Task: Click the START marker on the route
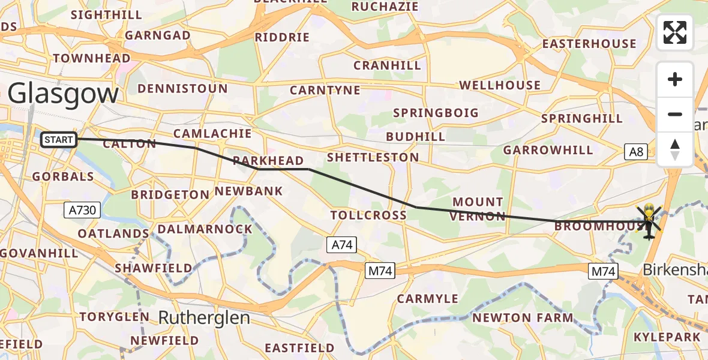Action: [x=59, y=140]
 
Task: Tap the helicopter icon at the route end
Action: [x=649, y=222]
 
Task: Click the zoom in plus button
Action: [x=675, y=80]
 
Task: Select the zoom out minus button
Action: [x=675, y=114]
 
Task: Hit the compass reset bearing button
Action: [x=675, y=149]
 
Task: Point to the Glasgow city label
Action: [x=63, y=95]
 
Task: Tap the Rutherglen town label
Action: [x=204, y=317]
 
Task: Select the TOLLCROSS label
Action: [x=368, y=215]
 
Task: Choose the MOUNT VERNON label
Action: [x=478, y=209]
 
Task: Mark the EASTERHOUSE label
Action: [x=589, y=44]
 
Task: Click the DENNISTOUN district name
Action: [x=182, y=89]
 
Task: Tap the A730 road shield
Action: [x=82, y=210]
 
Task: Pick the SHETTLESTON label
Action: [x=373, y=157]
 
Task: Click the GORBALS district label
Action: [x=63, y=176]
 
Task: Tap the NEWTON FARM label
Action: [x=523, y=317]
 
